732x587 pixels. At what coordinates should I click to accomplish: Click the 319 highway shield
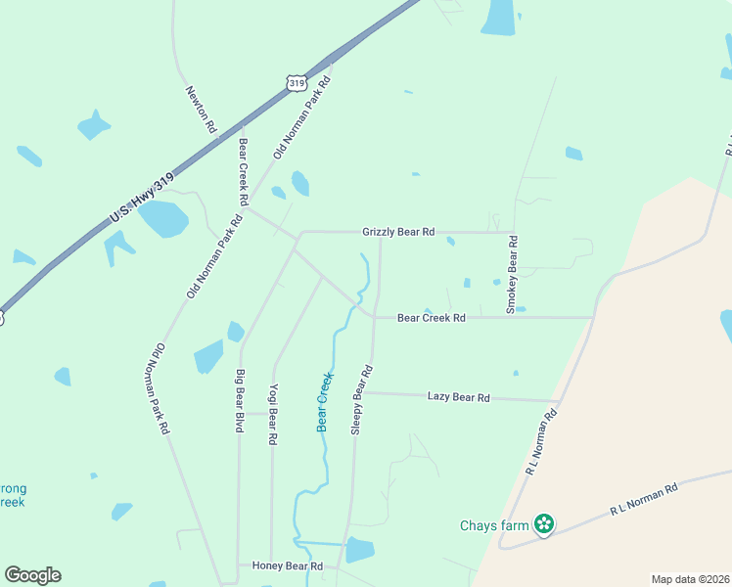point(297,83)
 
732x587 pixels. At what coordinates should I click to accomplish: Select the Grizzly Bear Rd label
point(398,232)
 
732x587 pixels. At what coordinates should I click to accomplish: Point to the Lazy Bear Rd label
point(458,397)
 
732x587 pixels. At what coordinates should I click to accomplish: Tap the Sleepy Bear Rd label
point(362,400)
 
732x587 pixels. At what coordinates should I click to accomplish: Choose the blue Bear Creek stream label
point(325,401)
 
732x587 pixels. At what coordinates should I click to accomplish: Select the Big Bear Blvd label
point(239,401)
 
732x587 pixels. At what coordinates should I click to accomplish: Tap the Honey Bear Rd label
point(287,566)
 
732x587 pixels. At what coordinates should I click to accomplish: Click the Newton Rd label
point(200,109)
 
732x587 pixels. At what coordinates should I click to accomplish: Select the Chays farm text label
point(494,525)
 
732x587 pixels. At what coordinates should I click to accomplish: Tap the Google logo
point(32,575)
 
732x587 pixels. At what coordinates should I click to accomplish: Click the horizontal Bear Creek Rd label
point(431,318)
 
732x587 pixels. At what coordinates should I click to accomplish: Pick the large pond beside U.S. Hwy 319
point(162,219)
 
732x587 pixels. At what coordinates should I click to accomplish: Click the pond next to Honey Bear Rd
point(360,550)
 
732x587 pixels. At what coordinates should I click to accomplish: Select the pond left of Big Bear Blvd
point(208,356)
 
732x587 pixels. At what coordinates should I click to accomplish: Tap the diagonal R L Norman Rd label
point(541,441)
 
